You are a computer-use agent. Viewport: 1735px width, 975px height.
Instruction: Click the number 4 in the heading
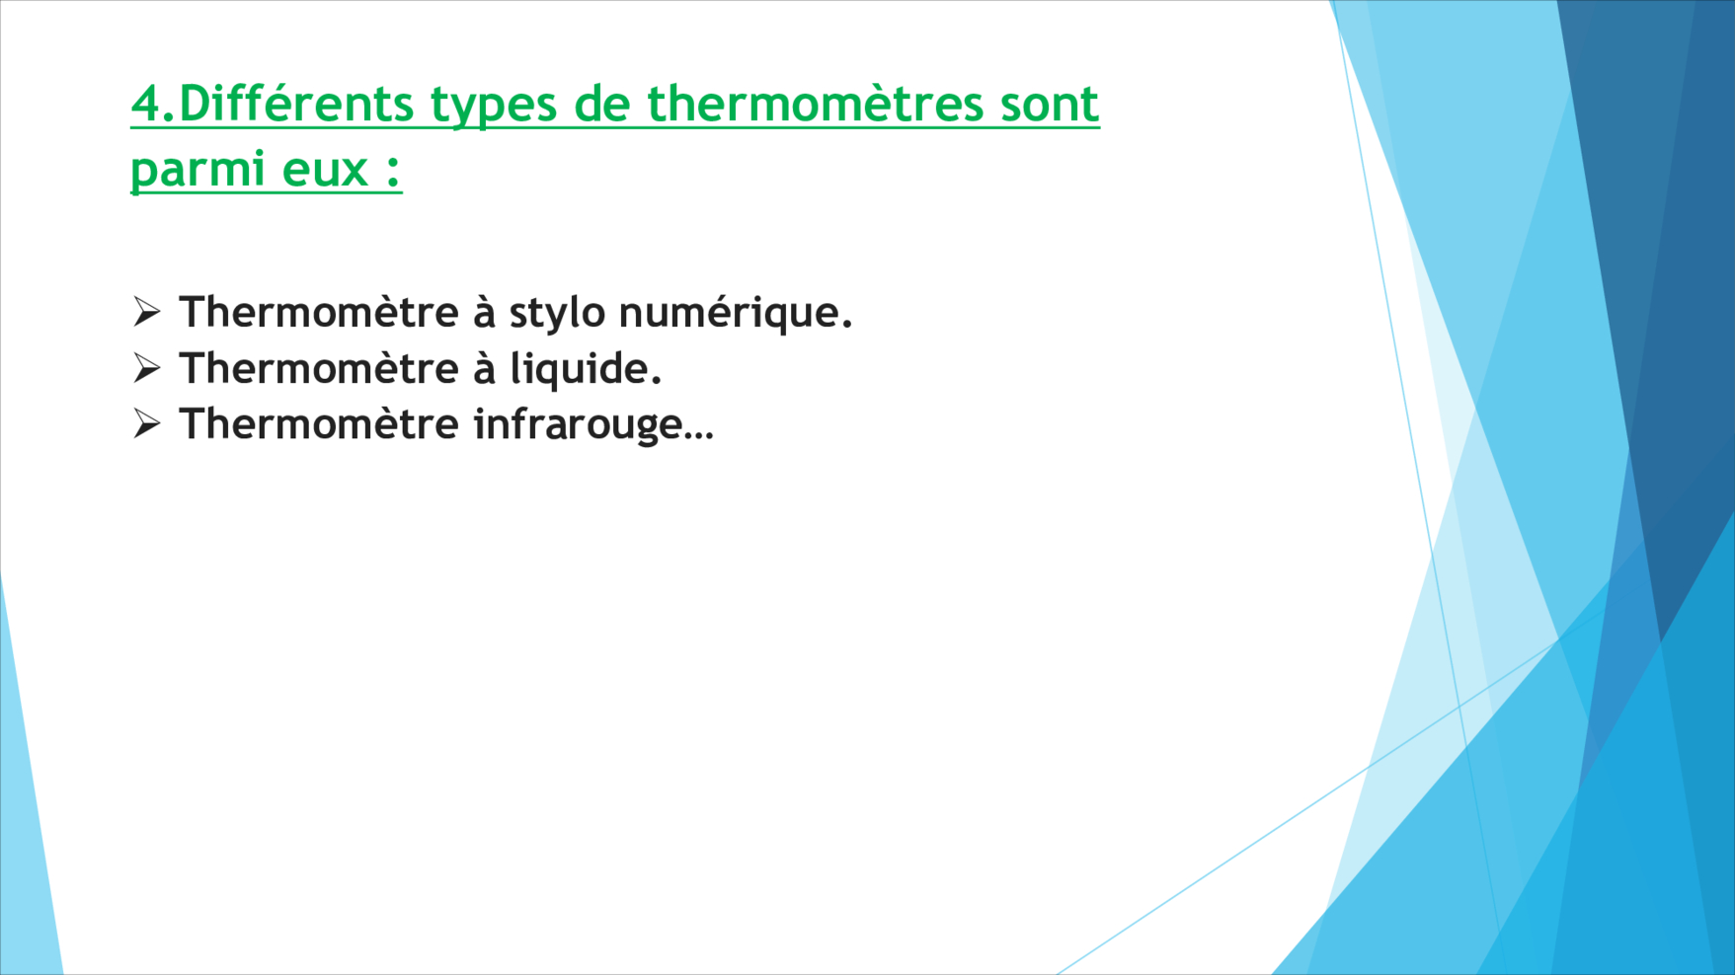coord(146,105)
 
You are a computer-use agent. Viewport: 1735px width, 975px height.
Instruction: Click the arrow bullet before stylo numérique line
coord(146,312)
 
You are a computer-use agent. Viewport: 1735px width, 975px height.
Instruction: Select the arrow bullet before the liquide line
coord(146,368)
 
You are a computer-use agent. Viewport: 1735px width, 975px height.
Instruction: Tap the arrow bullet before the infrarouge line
coord(146,424)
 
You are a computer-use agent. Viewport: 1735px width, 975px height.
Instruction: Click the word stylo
coord(557,315)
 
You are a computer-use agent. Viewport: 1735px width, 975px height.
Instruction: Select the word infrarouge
coord(578,426)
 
